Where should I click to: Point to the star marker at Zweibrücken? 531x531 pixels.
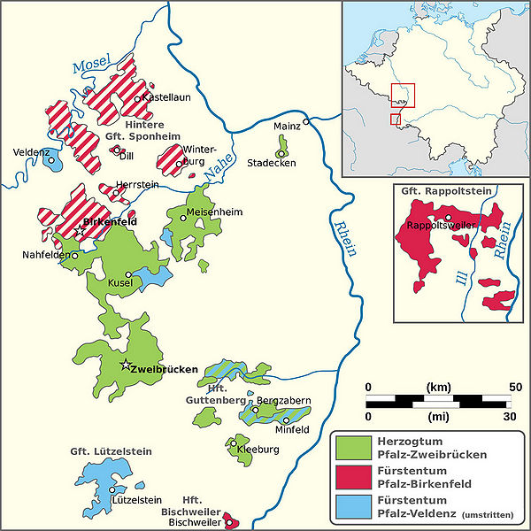(126, 366)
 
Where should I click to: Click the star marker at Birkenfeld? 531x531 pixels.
(80, 230)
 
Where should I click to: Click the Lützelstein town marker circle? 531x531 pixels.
(112, 489)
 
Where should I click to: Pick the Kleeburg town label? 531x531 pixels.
(258, 450)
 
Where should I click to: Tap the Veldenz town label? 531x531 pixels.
(30, 151)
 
